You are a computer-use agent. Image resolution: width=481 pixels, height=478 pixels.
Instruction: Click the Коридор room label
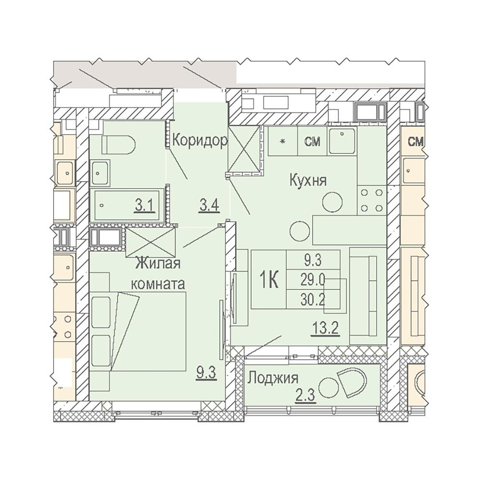click(200, 141)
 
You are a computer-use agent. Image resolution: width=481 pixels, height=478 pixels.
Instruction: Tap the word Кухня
click(308, 181)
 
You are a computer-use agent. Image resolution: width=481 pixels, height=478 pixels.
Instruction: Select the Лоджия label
click(272, 378)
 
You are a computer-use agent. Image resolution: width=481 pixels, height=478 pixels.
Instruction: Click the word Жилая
click(158, 264)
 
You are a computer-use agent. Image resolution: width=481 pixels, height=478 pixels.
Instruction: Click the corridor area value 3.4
click(209, 205)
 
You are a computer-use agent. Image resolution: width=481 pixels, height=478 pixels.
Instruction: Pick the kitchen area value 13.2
click(325, 329)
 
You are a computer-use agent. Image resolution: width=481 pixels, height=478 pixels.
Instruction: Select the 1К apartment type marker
click(269, 280)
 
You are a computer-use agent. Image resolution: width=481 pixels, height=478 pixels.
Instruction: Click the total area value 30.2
click(313, 300)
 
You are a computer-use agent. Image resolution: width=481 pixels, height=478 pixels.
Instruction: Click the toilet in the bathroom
click(118, 145)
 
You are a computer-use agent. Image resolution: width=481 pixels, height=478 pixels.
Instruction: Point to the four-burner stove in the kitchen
click(372, 200)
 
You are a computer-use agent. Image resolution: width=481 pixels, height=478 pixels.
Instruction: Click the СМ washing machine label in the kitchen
click(312, 142)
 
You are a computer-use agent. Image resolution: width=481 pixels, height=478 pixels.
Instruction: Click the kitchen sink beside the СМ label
click(342, 141)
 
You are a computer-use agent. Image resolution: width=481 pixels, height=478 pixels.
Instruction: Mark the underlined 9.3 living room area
click(207, 374)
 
